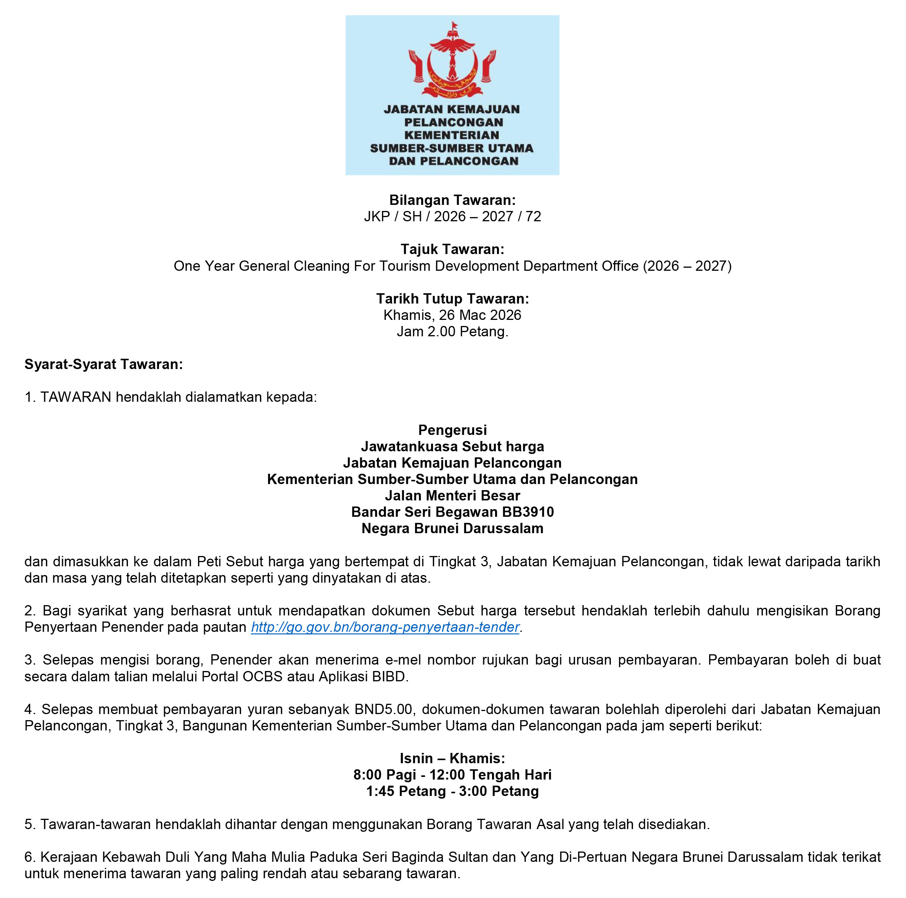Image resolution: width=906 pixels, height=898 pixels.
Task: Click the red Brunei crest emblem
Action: click(452, 61)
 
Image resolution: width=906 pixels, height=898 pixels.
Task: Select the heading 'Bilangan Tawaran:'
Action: click(452, 200)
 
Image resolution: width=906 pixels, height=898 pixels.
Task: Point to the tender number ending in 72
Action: click(452, 217)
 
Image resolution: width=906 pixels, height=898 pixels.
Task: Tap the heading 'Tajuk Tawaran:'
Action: click(452, 249)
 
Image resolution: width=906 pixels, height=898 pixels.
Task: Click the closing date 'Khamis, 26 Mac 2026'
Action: click(452, 315)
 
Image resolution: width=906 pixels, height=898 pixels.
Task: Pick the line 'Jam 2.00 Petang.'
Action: click(452, 332)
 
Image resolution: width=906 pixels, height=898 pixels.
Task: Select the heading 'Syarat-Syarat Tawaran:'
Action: click(104, 364)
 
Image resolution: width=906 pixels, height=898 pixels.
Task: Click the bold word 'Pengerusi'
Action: click(452, 430)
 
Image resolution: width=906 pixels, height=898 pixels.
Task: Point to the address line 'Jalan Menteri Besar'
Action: click(452, 496)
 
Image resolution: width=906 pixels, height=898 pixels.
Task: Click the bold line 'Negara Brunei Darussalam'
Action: click(452, 529)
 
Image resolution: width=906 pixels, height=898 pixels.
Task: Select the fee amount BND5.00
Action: click(383, 709)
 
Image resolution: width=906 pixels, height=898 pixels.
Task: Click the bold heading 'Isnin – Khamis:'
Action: click(452, 758)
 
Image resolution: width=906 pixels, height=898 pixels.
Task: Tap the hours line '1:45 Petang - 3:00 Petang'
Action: click(452, 791)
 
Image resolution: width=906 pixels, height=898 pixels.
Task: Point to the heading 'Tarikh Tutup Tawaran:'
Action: click(452, 299)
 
